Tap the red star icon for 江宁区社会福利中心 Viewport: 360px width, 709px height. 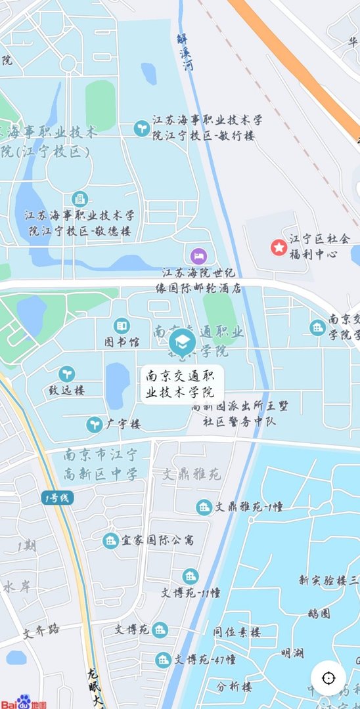(x=279, y=247)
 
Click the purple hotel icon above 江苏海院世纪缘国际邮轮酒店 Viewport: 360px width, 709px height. (x=196, y=255)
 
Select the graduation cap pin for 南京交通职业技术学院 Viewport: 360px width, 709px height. (x=182, y=341)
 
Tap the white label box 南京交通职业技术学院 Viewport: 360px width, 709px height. (x=183, y=385)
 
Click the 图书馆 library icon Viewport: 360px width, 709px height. (x=122, y=326)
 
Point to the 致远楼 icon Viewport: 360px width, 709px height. (x=66, y=374)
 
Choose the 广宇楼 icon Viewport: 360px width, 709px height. (x=95, y=425)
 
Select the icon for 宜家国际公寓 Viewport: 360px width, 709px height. (x=110, y=540)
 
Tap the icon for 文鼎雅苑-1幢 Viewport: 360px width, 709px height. (x=204, y=506)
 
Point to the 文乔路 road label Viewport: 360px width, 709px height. (x=41, y=632)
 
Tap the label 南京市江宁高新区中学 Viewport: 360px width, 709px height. (x=101, y=464)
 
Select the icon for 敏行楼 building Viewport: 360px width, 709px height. (x=141, y=129)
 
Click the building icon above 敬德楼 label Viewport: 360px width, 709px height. (x=79, y=199)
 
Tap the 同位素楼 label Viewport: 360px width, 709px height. (x=236, y=632)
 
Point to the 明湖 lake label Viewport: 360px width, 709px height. (x=292, y=653)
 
